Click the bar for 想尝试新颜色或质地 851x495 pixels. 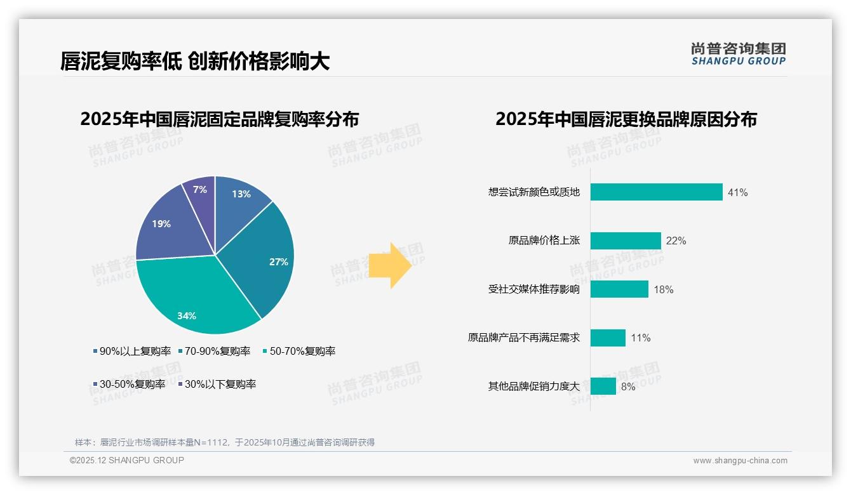[656, 192]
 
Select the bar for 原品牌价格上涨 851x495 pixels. [626, 241]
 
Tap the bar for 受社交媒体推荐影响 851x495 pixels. [619, 289]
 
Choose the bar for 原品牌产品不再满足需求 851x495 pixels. [608, 338]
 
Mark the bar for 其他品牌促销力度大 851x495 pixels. [603, 386]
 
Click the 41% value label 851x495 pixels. [738, 192]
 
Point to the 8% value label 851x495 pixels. [628, 386]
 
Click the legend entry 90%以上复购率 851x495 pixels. [132, 351]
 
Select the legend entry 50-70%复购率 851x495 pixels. [299, 351]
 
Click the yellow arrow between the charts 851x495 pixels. [391, 265]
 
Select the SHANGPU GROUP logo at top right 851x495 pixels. [739, 54]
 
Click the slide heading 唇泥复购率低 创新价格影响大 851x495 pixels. [195, 61]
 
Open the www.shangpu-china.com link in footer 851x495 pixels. [740, 460]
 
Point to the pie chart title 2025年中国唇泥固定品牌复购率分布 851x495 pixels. [219, 119]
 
